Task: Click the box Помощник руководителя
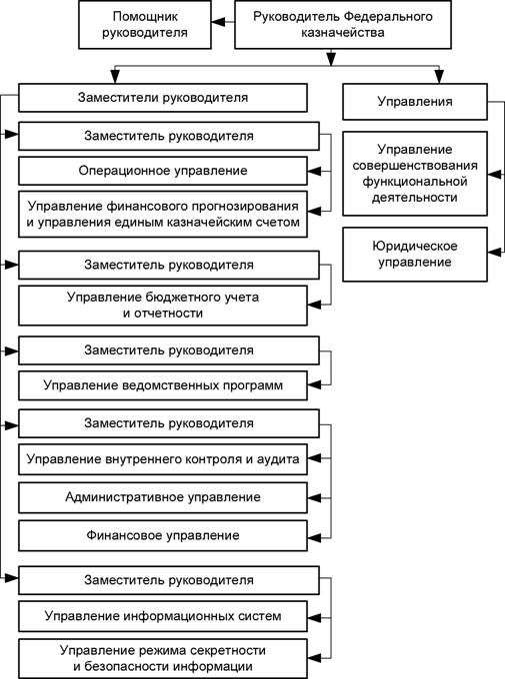[x=145, y=25]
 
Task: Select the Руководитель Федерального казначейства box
[x=343, y=25]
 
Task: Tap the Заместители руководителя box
[x=163, y=98]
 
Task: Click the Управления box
[x=415, y=102]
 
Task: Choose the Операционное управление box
[x=163, y=171]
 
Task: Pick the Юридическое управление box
[x=415, y=255]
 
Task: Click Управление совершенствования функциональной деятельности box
[x=415, y=174]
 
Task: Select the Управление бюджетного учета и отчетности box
[x=163, y=306]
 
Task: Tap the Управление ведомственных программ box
[x=163, y=385]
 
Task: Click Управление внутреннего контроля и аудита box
[x=163, y=459]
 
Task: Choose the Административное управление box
[x=163, y=497]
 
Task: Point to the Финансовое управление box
[x=163, y=535]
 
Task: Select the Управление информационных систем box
[x=163, y=616]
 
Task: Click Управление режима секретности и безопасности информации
[x=163, y=658]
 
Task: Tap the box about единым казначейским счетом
[x=163, y=215]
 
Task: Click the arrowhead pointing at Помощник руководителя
[x=218, y=21]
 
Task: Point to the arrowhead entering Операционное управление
[x=314, y=172]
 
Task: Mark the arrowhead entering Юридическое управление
[x=495, y=253]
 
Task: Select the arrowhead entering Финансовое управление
[x=314, y=538]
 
